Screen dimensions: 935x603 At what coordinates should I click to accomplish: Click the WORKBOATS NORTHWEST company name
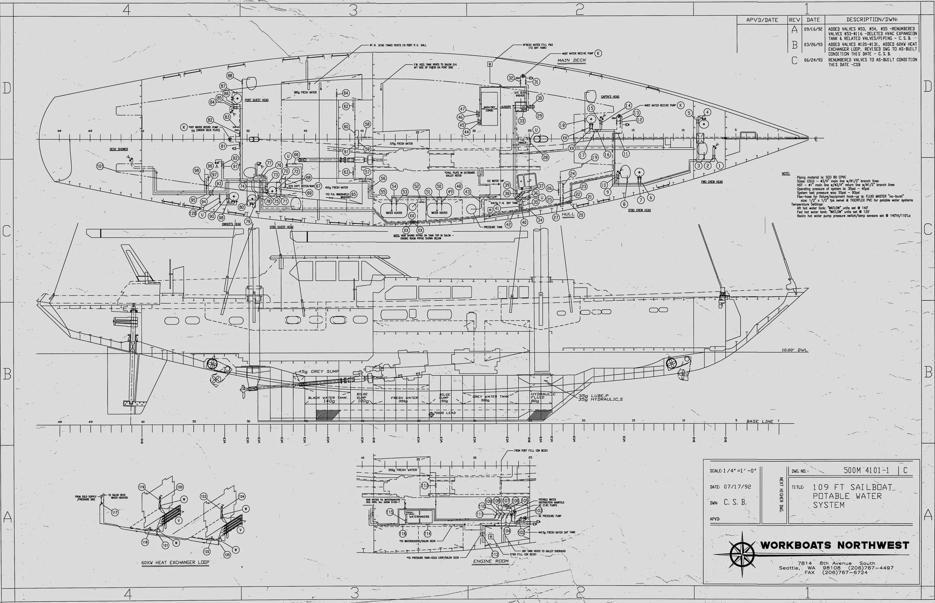tap(835, 545)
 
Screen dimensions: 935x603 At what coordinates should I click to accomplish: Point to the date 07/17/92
tap(737, 487)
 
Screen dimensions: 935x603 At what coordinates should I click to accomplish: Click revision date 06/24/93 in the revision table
tap(813, 60)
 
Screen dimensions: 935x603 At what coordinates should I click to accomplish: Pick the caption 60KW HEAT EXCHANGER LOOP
tap(175, 562)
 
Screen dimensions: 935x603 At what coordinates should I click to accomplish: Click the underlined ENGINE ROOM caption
tap(490, 561)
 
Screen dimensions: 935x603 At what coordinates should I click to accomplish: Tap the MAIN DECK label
tap(572, 60)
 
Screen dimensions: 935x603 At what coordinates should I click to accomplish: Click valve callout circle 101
tap(100, 166)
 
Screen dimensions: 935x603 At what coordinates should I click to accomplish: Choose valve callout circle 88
tap(230, 76)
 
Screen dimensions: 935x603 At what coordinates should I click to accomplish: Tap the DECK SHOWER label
tap(119, 149)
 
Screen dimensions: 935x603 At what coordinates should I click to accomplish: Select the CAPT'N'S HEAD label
tap(610, 97)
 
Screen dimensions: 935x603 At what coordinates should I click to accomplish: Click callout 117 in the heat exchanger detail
tap(115, 512)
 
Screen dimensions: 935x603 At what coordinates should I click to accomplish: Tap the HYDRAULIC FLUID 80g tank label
tap(543, 398)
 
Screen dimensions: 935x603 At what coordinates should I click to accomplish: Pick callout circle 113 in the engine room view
tap(425, 485)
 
